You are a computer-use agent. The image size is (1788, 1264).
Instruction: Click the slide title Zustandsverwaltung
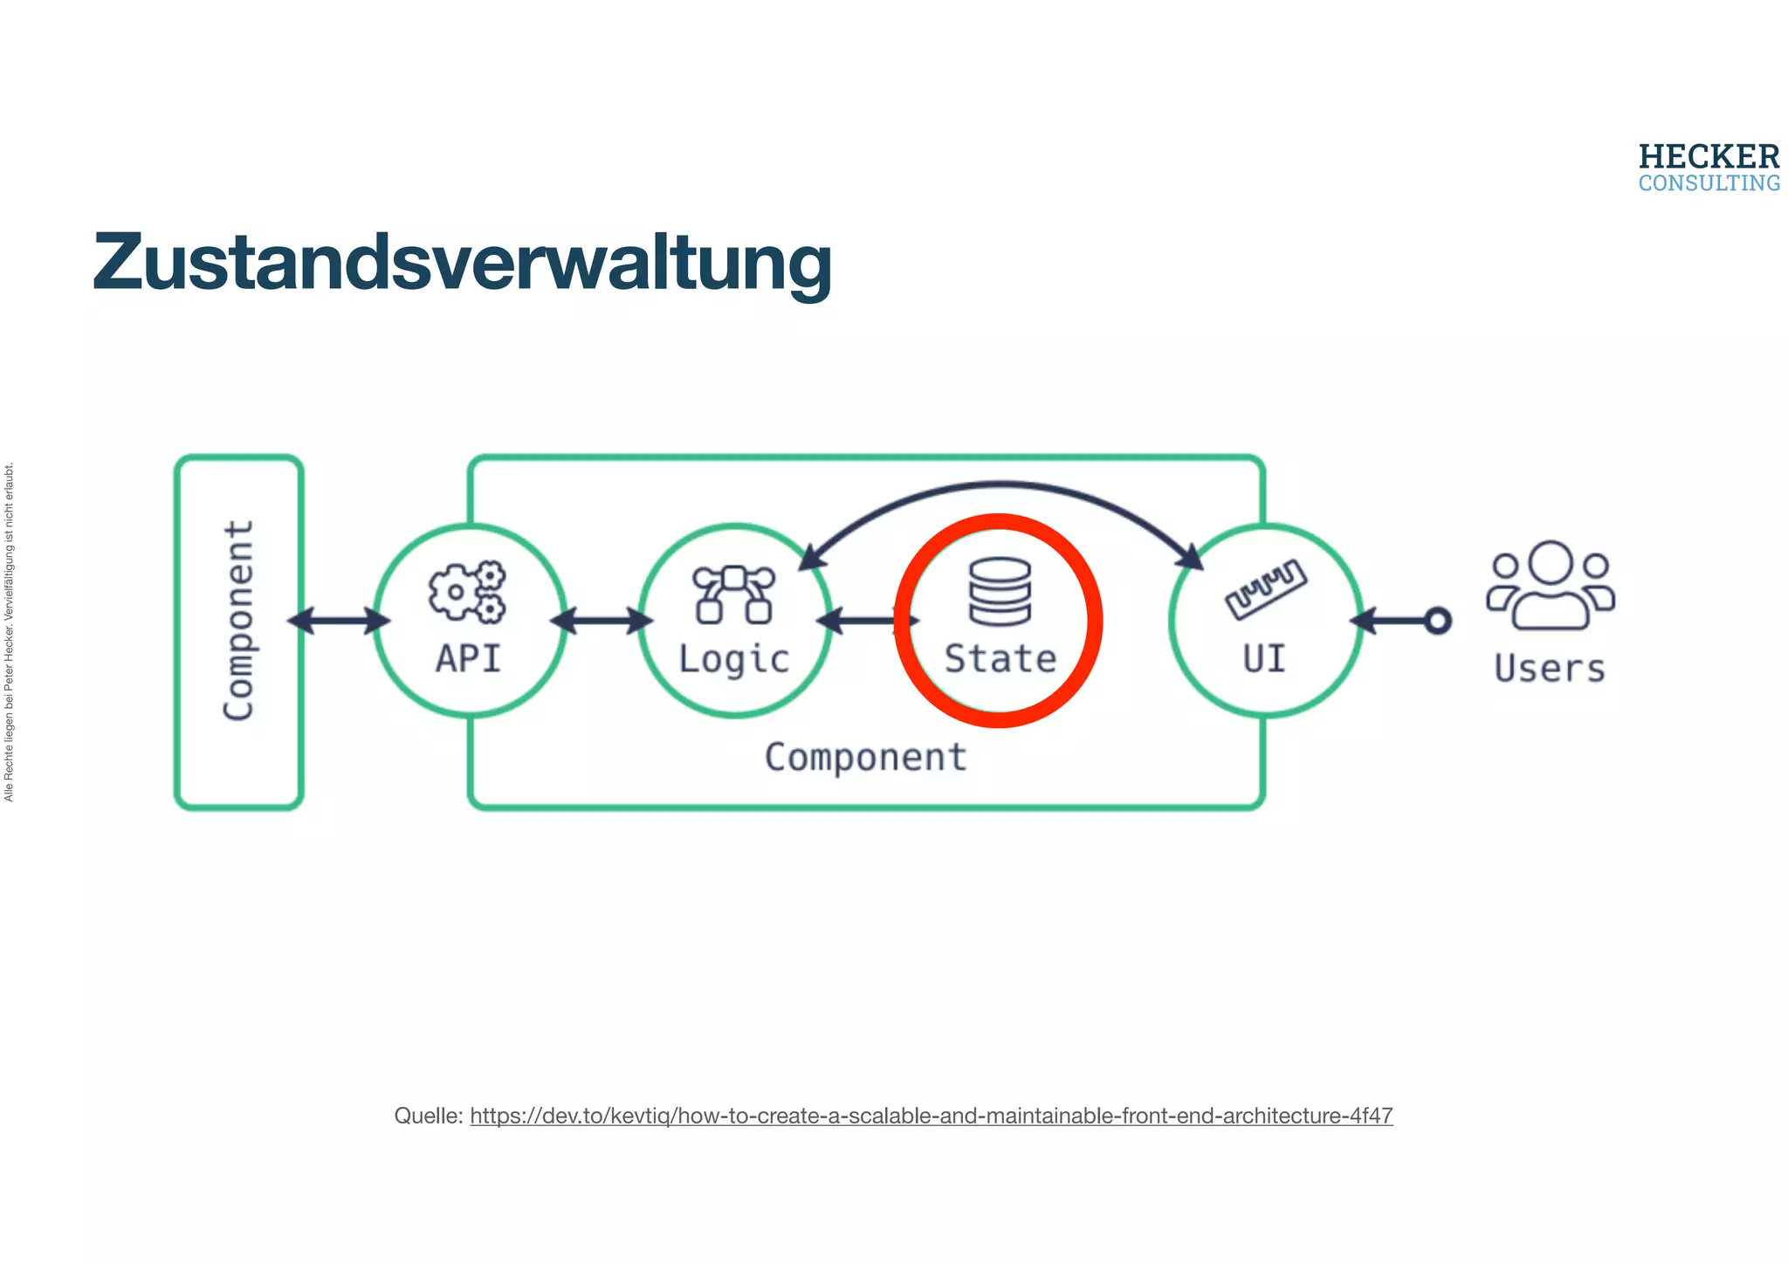coord(462,263)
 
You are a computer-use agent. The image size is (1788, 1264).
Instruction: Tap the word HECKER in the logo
coord(1709,157)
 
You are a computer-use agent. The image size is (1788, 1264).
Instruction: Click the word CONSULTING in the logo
coord(1709,183)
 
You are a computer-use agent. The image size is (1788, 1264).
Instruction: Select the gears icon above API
coord(467,592)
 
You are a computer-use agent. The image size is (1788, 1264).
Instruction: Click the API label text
coord(469,659)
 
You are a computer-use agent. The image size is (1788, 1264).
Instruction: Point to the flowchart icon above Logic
coord(733,594)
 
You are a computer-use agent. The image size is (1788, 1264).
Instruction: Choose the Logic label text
coord(733,660)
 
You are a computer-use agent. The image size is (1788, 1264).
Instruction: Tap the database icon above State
coord(1000,591)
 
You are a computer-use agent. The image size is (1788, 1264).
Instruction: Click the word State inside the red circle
coord(1001,659)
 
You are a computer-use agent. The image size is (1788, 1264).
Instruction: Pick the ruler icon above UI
coord(1265,589)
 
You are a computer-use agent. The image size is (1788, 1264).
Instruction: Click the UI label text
coord(1264,659)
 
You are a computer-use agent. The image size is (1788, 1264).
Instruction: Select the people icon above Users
coord(1551,585)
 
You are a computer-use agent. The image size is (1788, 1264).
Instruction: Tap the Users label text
coord(1550,669)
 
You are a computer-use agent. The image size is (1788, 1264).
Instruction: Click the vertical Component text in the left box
coord(238,621)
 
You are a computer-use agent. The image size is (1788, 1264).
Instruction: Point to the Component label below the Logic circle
coord(865,758)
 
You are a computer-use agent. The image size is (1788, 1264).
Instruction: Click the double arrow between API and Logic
coord(602,621)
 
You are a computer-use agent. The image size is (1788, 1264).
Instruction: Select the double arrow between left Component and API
coord(339,621)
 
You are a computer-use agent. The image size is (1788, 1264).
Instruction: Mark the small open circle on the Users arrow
coord(1438,621)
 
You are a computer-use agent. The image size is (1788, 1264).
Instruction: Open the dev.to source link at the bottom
coord(931,1116)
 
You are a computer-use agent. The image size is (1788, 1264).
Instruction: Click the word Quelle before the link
coord(427,1116)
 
